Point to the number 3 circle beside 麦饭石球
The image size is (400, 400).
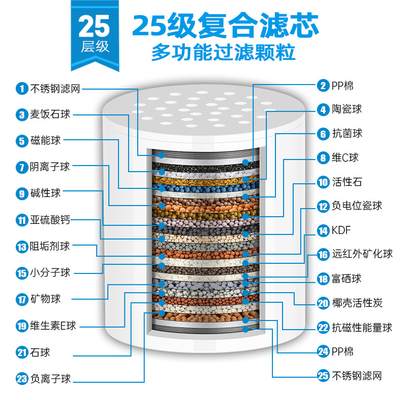point(21,115)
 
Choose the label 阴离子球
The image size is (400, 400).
point(50,167)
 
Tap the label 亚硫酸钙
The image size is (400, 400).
point(50,220)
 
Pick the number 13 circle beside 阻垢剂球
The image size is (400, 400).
point(21,247)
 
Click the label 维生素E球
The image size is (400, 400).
point(53,326)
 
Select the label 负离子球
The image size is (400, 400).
point(50,378)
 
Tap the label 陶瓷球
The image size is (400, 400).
point(347,109)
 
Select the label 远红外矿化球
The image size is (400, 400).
point(362,254)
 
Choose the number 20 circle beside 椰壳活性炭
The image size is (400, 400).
point(323,303)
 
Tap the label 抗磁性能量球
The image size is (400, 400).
point(362,328)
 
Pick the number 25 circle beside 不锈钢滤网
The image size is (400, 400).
point(323,376)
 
